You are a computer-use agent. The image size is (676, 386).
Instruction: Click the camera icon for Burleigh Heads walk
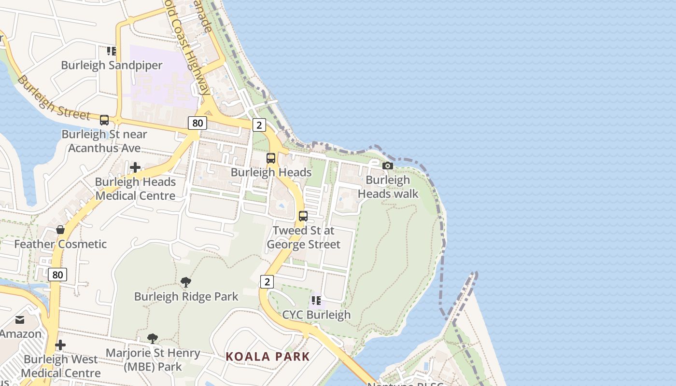point(387,166)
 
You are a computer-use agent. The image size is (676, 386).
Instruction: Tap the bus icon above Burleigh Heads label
point(271,158)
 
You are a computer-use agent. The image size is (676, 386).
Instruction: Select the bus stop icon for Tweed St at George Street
point(303,216)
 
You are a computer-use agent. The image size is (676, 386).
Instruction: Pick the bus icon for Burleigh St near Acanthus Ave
point(104,120)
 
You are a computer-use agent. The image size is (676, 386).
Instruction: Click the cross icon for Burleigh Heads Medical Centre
point(135,167)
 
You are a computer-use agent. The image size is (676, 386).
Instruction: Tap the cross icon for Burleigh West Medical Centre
point(60,345)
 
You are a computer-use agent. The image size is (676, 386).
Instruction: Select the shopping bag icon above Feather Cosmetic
point(60,230)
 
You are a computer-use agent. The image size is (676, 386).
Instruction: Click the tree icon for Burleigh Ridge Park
point(185,282)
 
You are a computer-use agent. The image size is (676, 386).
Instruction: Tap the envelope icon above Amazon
point(20,320)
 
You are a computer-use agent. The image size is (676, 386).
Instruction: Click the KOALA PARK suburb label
point(268,357)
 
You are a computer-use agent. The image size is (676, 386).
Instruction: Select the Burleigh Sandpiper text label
point(112,65)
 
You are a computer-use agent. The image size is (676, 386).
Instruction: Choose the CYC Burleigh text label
point(316,315)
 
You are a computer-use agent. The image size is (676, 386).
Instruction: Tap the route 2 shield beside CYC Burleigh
point(267,282)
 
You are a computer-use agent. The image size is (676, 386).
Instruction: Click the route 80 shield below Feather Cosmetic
point(57,275)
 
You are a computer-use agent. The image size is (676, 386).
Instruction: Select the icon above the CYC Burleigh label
point(316,301)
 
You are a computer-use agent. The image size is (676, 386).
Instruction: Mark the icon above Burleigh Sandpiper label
point(112,51)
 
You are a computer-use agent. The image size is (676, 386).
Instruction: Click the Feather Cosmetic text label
point(60,244)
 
